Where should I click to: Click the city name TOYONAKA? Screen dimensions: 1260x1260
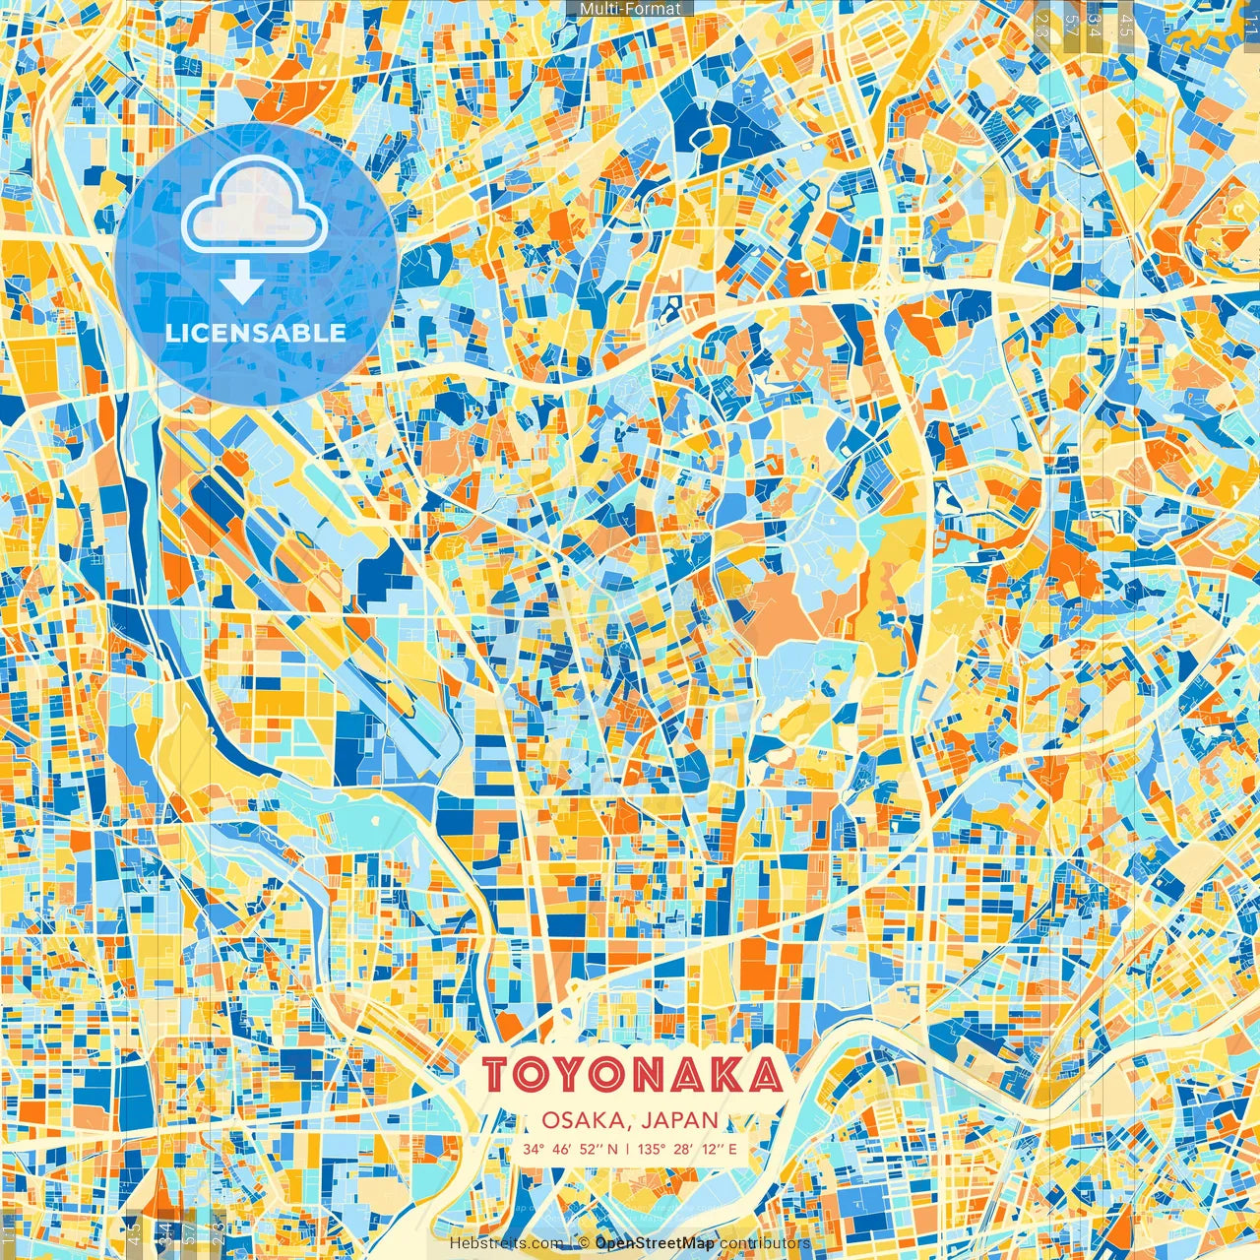coord(633,1075)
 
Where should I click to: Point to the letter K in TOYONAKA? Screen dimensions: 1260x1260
coord(725,1075)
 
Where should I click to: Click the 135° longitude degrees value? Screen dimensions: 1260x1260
coord(651,1149)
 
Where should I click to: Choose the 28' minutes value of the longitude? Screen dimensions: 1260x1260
coord(682,1149)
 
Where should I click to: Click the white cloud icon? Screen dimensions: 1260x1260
coord(254,207)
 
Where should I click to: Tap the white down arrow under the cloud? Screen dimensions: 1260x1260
coord(241,283)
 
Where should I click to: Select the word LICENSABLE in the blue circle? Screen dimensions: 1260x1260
coord(256,333)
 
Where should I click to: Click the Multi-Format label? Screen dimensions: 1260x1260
coord(630,9)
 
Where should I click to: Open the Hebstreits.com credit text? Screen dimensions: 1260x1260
coord(507,1243)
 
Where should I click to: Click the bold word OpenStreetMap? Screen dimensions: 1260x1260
coord(655,1243)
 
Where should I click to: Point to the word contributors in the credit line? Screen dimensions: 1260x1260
coord(765,1243)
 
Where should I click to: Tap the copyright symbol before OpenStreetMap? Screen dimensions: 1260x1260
coord(584,1243)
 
